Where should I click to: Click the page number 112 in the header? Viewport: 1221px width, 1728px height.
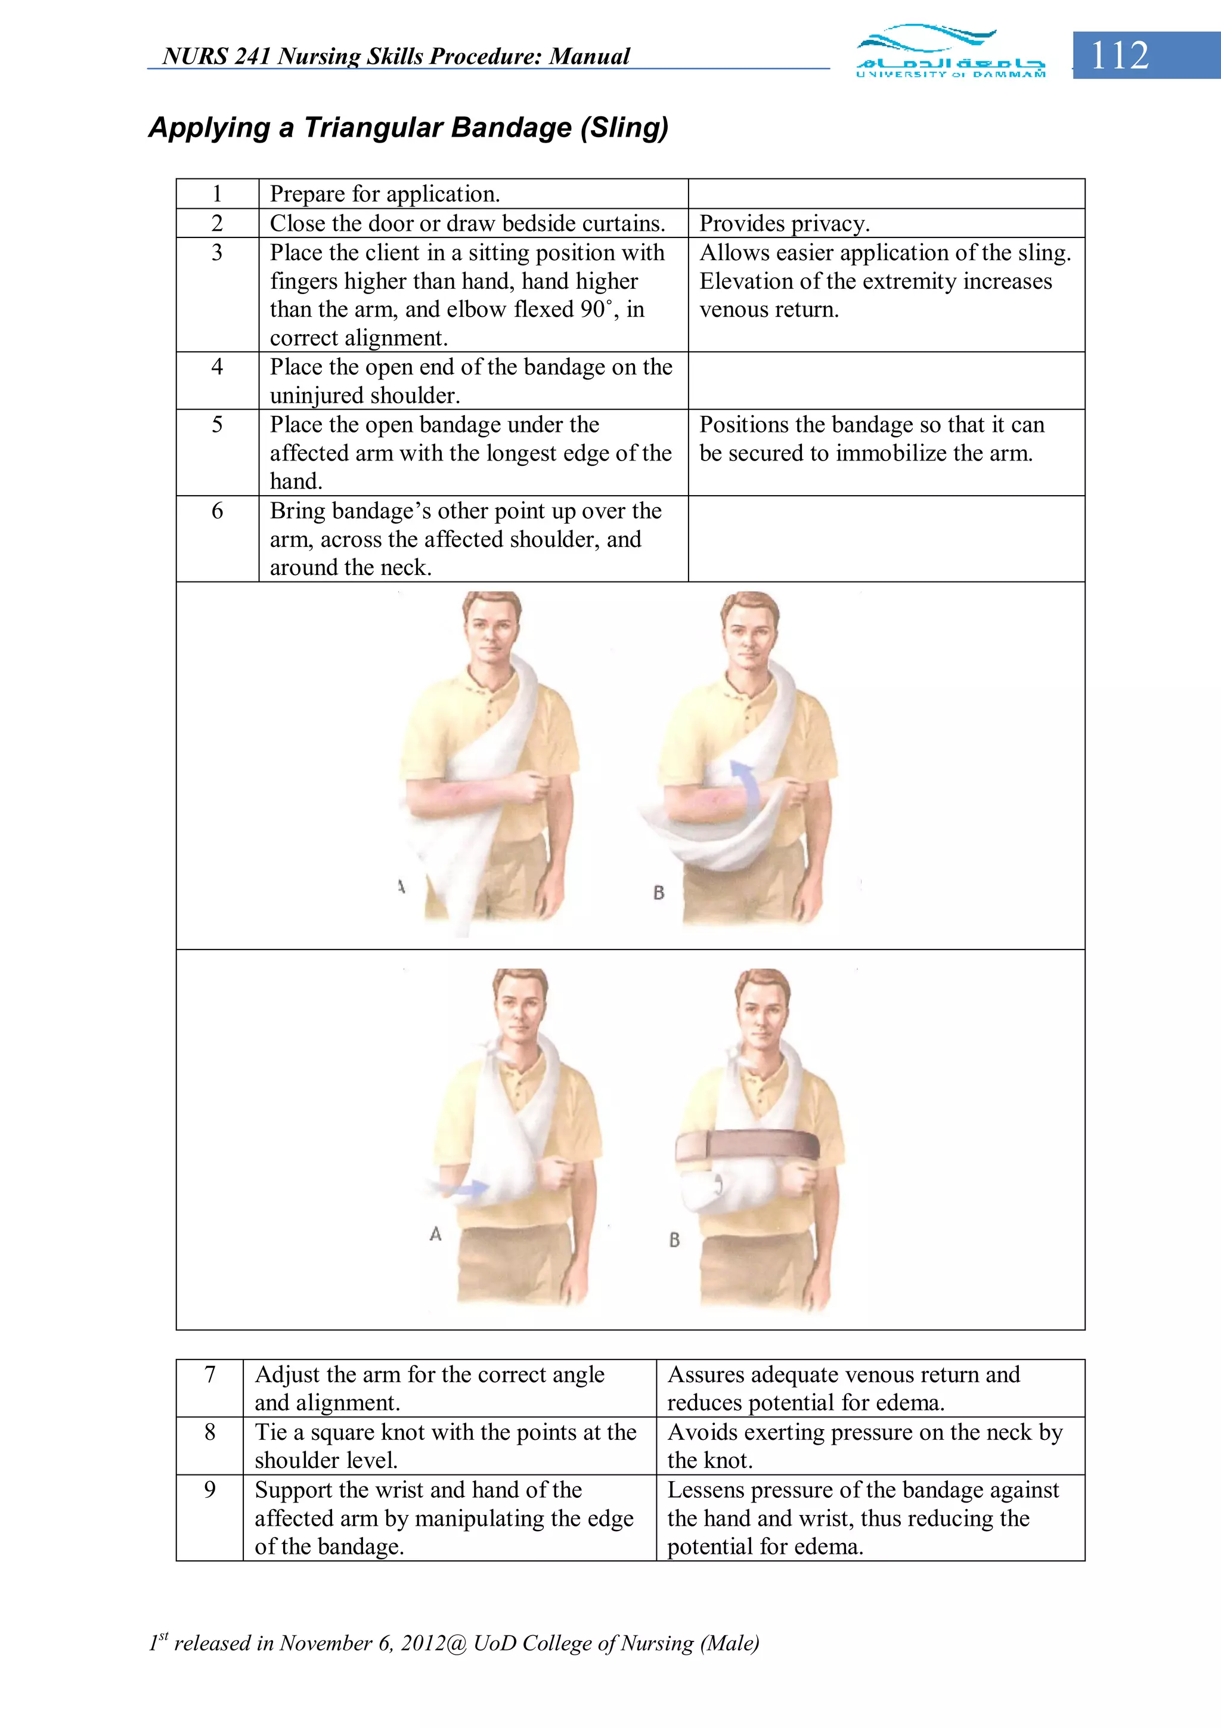[1120, 55]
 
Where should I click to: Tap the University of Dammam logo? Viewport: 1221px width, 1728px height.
[950, 52]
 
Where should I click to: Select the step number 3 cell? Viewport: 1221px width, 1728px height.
[218, 253]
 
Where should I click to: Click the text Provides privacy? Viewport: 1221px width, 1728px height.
[784, 224]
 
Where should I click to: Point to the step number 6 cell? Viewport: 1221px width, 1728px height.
[218, 511]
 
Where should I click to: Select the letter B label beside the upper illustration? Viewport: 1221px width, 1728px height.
[658, 892]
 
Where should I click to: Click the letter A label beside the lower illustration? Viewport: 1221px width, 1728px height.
[435, 1234]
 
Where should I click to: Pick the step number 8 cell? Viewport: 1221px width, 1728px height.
[210, 1432]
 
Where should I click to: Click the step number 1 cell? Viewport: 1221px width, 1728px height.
[218, 194]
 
